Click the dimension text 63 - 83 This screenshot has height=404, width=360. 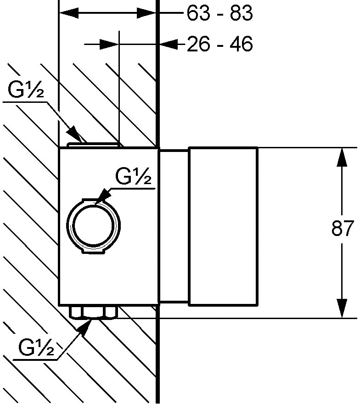coord(219,13)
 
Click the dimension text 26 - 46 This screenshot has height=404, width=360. coord(219,44)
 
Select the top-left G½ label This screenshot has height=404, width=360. coord(26,90)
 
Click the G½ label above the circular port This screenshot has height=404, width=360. coord(133,176)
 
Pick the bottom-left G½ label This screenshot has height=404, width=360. coord(36,348)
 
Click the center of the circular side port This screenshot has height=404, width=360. coord(93,226)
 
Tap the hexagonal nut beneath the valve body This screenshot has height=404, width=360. coord(93,312)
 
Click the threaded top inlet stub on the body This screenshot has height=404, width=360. coord(93,145)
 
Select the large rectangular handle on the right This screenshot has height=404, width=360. coord(223,226)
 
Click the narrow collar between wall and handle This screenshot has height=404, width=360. coord(174,226)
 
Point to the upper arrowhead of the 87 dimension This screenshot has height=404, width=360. coord(342,157)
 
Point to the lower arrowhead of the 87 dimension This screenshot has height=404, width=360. coord(342,308)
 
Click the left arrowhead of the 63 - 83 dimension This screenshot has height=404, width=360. coord(69,13)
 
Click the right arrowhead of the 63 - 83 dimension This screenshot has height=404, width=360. coord(146,13)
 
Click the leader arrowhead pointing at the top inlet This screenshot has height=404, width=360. coord(74,134)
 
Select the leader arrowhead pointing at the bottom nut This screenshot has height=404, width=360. coord(84,327)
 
